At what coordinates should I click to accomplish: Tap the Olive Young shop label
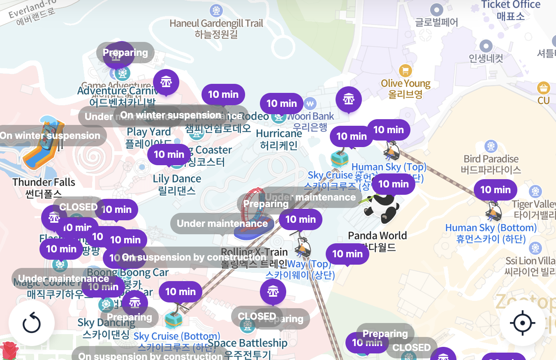coord(405,88)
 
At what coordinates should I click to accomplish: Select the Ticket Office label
coord(511,10)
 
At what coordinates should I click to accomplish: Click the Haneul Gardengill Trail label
coord(216,28)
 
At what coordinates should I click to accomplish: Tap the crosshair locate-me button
coord(522,323)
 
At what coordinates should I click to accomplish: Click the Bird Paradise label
coord(491,164)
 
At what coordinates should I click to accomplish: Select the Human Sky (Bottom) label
coord(491,233)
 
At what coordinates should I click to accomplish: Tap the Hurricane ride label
coord(279,139)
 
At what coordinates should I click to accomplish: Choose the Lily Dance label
coord(177,184)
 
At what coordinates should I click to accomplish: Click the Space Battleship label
coord(248,348)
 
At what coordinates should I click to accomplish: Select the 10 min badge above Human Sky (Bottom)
coord(495,190)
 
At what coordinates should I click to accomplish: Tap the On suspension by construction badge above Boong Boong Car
coord(194,258)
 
